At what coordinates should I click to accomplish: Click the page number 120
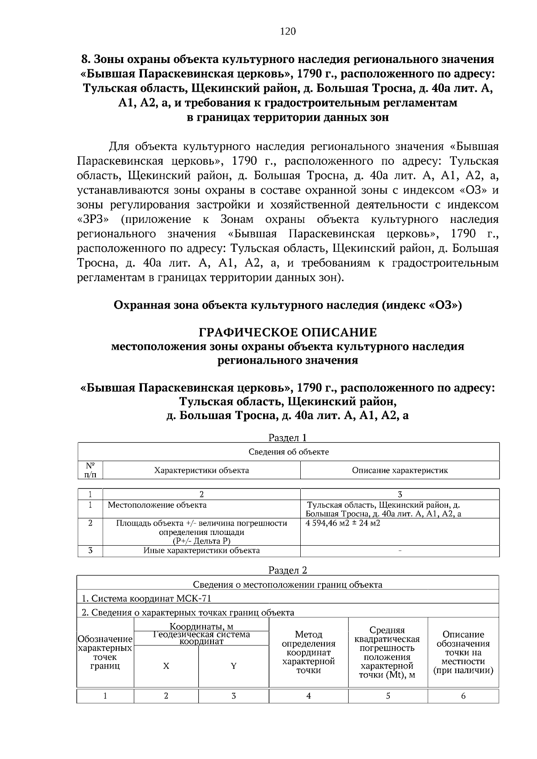pyautogui.click(x=288, y=31)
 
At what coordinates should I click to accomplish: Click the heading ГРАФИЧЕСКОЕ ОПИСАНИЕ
pyautogui.click(x=288, y=333)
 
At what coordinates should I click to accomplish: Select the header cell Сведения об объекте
pyautogui.click(x=289, y=452)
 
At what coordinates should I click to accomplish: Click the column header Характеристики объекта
pyautogui.click(x=201, y=470)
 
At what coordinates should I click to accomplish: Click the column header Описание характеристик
pyautogui.click(x=400, y=470)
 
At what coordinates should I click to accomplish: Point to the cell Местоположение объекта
pyautogui.click(x=157, y=505)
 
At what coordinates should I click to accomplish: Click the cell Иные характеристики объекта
pyautogui.click(x=201, y=551)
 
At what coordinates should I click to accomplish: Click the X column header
pyautogui.click(x=166, y=666)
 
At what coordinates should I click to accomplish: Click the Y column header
pyautogui.click(x=233, y=666)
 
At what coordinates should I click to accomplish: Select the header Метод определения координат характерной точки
pyautogui.click(x=308, y=653)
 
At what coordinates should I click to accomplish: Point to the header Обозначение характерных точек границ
pyautogui.click(x=105, y=653)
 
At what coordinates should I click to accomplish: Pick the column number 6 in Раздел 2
pyautogui.click(x=463, y=696)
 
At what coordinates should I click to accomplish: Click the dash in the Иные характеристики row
pyautogui.click(x=400, y=551)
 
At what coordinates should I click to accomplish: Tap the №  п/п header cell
pyautogui.click(x=90, y=470)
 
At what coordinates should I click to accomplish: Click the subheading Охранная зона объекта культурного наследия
pyautogui.click(x=288, y=305)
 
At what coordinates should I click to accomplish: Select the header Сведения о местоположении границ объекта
pyautogui.click(x=288, y=585)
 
